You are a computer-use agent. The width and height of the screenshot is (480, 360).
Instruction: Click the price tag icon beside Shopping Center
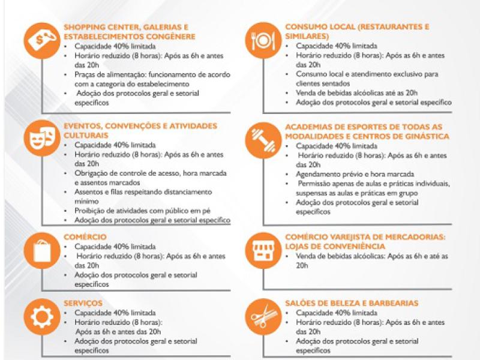pos(41,40)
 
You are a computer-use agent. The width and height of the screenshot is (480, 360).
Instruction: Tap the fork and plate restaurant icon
pos(263,40)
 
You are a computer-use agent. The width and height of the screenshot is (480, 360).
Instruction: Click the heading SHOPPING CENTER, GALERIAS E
pos(126,26)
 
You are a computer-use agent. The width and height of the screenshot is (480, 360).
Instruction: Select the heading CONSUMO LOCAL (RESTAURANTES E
pos(357,26)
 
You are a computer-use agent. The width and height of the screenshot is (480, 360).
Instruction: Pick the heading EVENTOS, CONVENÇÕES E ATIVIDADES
pos(140,126)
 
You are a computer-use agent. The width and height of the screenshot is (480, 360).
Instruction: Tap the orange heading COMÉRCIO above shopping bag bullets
pos(85,237)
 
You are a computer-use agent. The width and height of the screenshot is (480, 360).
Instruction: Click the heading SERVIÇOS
pos(83,303)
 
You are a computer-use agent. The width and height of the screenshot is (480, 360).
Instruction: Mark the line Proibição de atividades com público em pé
pos(143,211)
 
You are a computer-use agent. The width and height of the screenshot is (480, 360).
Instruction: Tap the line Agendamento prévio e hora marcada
pos(344,173)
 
